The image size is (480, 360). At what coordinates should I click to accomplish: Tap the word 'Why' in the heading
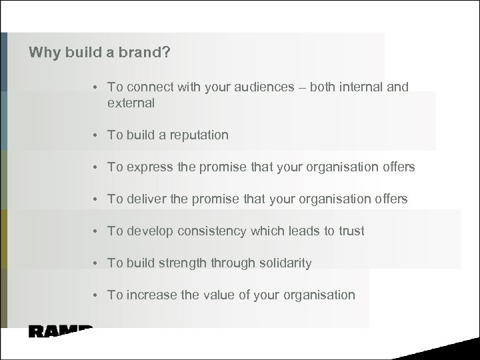click(44, 52)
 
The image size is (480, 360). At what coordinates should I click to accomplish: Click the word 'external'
click(131, 103)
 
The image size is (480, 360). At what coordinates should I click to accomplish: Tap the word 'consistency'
click(215, 231)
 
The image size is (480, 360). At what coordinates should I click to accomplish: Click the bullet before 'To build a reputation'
click(97, 135)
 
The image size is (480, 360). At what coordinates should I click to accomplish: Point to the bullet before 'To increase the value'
click(97, 295)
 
